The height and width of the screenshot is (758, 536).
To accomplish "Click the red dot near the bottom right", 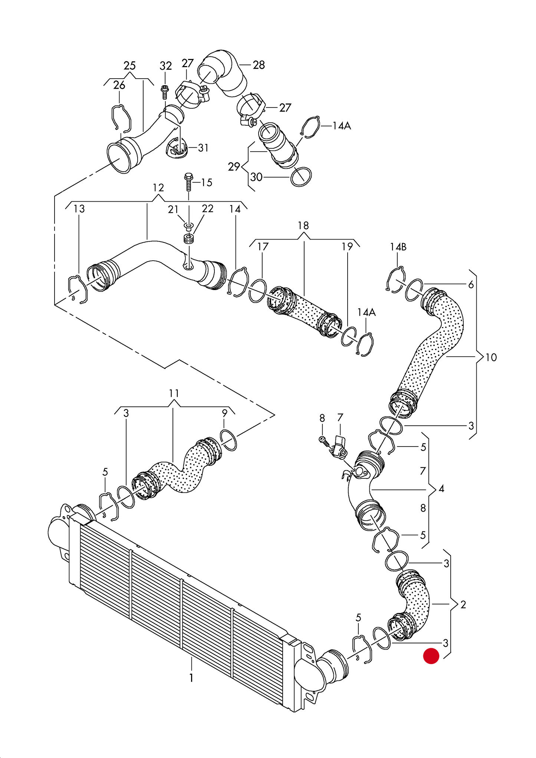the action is coord(431,656).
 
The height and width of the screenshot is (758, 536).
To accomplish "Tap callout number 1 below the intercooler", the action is coord(191,678).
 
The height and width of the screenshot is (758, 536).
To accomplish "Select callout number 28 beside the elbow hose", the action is coord(259,65).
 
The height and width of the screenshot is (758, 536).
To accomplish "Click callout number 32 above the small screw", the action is coord(165,66).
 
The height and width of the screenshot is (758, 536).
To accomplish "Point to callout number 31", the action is coord(203,148).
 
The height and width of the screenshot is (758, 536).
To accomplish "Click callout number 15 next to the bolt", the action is coord(207,182).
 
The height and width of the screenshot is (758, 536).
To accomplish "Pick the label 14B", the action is coord(398,247).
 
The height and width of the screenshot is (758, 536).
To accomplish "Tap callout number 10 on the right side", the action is coord(491,357).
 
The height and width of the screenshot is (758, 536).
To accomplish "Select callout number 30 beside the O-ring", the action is coord(257,177).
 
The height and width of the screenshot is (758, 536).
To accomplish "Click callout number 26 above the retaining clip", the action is coord(119,85).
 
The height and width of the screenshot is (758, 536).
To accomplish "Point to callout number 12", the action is coord(158,188).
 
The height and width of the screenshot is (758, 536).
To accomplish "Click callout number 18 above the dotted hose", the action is coord(303,225).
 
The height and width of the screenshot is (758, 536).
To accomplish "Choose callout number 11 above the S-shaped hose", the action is coord(174,393).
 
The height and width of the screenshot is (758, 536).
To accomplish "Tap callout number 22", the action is coord(208,209).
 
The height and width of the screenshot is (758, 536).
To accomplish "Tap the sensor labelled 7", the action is coord(339,447).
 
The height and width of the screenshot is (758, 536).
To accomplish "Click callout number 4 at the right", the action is coord(441,489).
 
